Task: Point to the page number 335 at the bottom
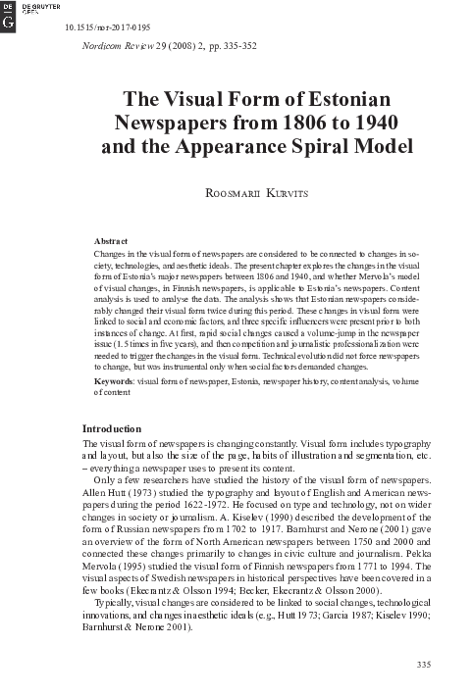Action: tap(424, 666)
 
